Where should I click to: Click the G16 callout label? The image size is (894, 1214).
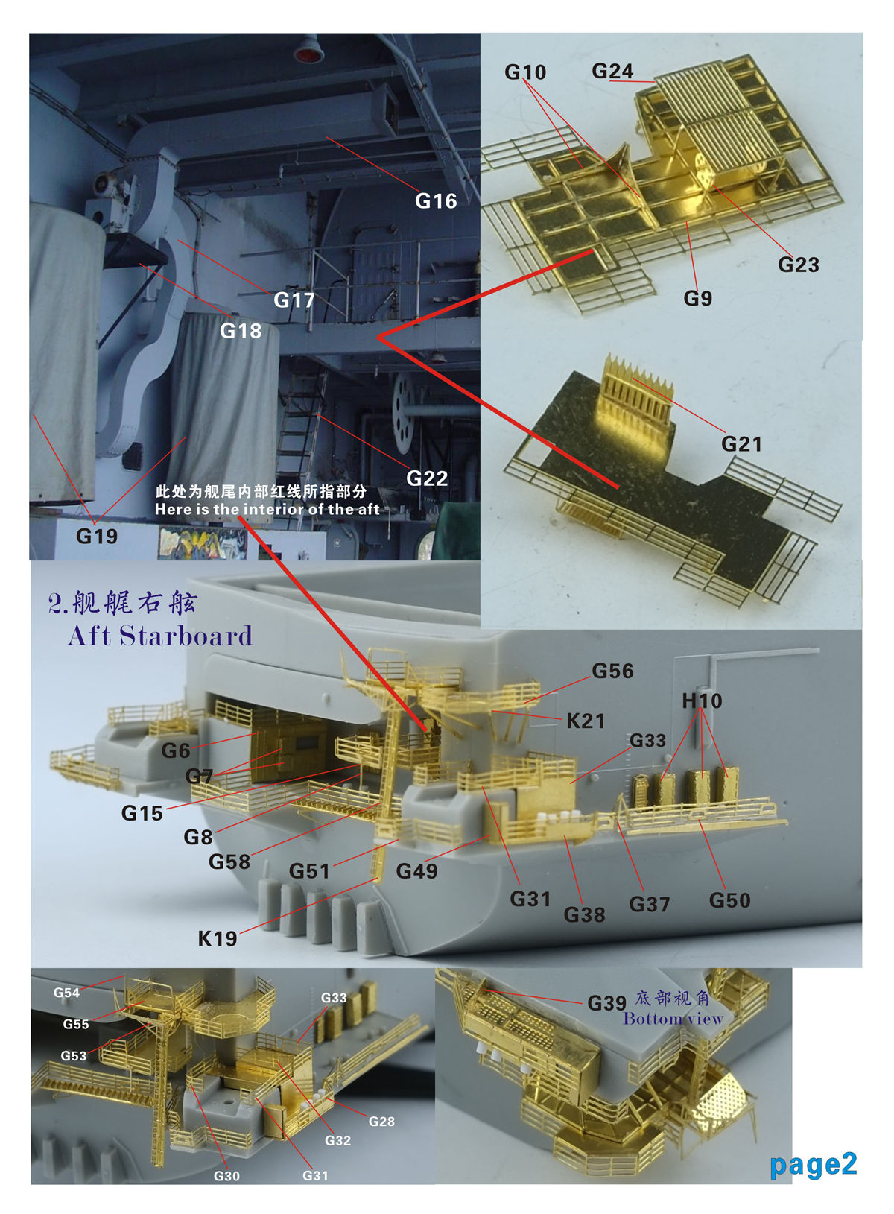(436, 201)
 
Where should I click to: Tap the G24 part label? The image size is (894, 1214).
(612, 71)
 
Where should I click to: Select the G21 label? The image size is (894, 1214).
(741, 444)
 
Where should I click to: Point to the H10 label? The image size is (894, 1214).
(702, 701)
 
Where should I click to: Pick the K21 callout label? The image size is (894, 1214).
(585, 721)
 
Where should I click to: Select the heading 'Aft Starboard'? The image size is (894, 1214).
(160, 636)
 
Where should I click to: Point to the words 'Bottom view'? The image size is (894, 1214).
(673, 1018)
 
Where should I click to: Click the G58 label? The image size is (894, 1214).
(229, 862)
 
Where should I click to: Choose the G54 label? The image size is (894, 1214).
(66, 993)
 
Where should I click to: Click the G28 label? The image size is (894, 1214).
(381, 1122)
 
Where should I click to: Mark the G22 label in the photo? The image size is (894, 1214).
(427, 478)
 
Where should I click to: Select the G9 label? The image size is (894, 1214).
(697, 298)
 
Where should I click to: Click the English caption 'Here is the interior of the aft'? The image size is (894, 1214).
(267, 510)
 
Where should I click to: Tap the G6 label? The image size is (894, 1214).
(176, 750)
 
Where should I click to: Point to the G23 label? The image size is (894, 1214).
(798, 265)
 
